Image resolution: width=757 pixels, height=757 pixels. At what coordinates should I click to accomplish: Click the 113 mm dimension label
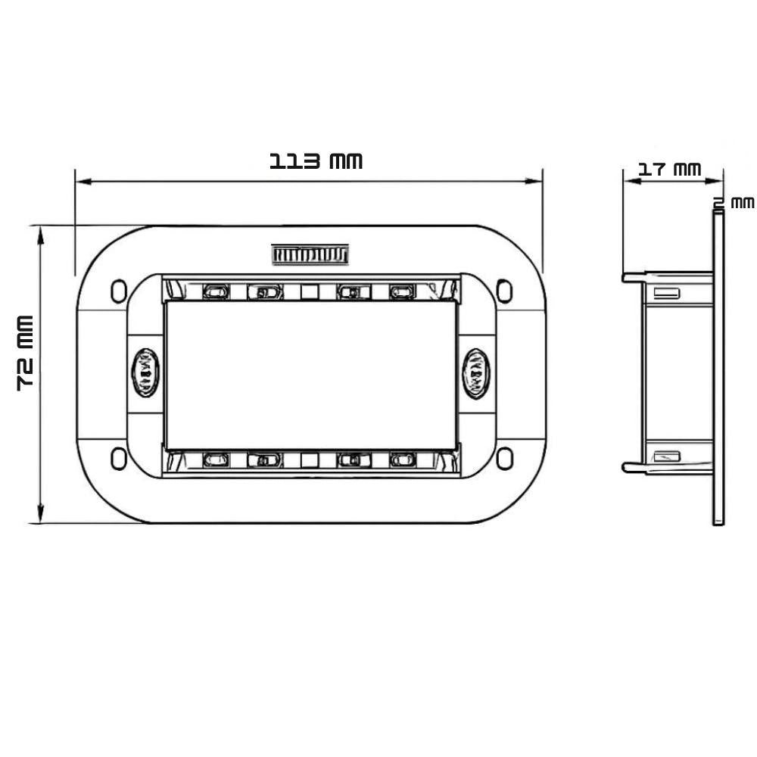(x=316, y=161)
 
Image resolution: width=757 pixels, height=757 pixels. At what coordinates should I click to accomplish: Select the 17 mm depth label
(x=668, y=169)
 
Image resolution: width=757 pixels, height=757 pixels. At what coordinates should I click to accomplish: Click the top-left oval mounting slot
(x=119, y=291)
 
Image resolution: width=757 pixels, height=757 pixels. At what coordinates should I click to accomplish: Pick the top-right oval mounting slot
(x=504, y=291)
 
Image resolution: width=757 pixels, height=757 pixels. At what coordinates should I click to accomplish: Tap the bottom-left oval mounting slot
(x=119, y=458)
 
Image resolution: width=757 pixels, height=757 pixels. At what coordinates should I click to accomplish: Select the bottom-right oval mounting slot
(x=504, y=458)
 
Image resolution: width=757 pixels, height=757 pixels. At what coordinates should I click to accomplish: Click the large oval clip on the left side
(x=145, y=372)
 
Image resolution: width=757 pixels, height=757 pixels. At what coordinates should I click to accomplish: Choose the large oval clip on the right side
(x=475, y=372)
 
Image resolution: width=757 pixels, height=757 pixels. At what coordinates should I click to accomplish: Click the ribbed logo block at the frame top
(x=310, y=255)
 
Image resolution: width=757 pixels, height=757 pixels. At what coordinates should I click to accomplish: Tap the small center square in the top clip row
(x=309, y=291)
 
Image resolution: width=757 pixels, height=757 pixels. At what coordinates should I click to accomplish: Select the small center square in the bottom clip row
(x=309, y=459)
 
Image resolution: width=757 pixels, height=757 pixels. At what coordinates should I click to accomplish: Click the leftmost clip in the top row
(x=215, y=291)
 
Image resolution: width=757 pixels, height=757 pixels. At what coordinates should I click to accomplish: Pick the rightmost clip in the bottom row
(x=403, y=459)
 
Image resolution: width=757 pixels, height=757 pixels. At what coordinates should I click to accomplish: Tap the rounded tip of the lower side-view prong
(x=627, y=468)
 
